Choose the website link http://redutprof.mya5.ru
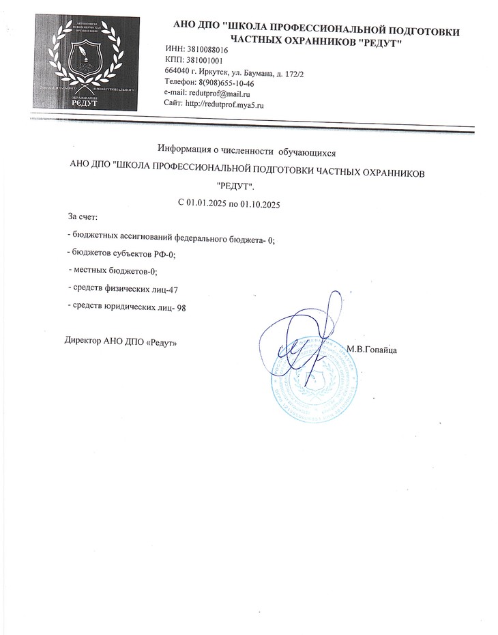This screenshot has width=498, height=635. [224, 104]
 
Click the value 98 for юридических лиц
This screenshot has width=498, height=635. [181, 308]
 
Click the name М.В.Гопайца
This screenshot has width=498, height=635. [372, 350]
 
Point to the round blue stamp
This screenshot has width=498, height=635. [315, 379]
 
